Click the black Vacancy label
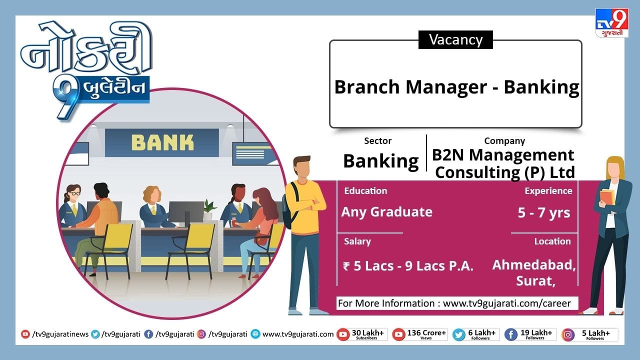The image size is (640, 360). [455, 39]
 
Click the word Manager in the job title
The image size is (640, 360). [446, 87]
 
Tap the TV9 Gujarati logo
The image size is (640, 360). [611, 23]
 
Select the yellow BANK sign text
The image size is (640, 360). [162, 142]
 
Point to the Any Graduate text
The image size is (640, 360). [387, 212]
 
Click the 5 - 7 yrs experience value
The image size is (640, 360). [543, 213]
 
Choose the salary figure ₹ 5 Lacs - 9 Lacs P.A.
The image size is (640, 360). [408, 266]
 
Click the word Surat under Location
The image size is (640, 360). [535, 281]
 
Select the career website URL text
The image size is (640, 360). [506, 303]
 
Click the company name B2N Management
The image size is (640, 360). [503, 155]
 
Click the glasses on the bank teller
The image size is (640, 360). [75, 193]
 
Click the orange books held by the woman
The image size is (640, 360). [606, 197]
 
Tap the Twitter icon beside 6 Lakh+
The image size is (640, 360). [459, 335]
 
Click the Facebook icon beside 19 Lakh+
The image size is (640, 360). [511, 335]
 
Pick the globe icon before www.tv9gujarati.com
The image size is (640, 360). [255, 334]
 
